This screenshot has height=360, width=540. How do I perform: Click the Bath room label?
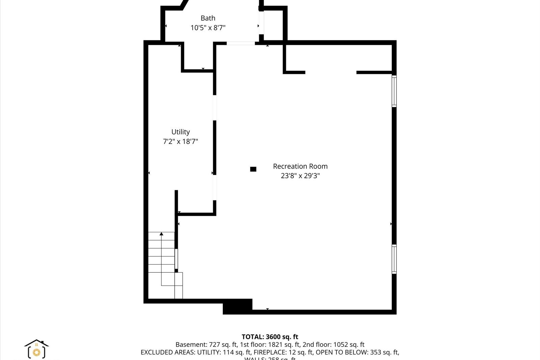tap(208, 18)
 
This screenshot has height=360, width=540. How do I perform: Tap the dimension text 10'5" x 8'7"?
tap(208, 28)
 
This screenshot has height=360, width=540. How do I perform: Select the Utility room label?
tap(180, 132)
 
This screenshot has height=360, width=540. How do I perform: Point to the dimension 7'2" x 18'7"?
tap(180, 141)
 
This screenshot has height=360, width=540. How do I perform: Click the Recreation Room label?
tap(300, 166)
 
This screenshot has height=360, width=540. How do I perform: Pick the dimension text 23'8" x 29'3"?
tap(300, 176)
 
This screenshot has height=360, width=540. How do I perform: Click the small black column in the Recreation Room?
tap(253, 169)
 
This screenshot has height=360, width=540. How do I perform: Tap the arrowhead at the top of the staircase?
tap(161, 234)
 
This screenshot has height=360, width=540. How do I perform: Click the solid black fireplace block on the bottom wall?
tap(237, 306)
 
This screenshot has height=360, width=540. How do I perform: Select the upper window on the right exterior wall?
tap(394, 91)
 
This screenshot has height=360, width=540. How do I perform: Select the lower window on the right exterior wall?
tap(394, 259)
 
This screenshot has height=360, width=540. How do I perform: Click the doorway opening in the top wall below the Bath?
tap(240, 43)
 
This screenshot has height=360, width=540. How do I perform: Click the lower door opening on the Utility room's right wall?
tap(215, 188)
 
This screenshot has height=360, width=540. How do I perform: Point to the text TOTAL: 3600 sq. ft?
tap(270, 337)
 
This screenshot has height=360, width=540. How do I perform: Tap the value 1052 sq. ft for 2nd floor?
tap(349, 344)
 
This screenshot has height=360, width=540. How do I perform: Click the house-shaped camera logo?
tap(36, 349)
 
